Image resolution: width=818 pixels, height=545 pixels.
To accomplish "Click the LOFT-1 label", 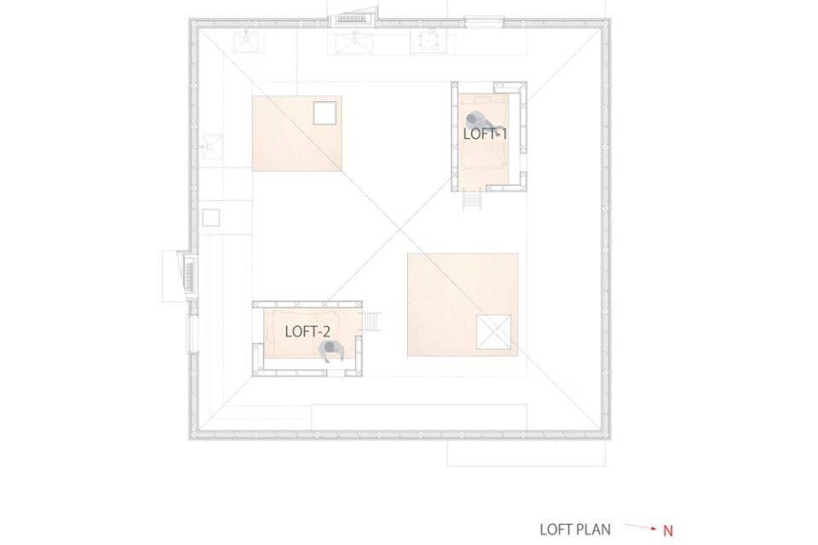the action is [485, 134].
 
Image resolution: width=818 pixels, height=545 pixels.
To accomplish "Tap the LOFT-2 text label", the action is [308, 332].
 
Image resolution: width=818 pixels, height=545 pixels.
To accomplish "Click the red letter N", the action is [668, 531].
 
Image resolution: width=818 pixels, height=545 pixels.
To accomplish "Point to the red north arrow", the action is [640, 527].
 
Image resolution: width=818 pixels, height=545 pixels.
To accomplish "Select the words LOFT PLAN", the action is [575, 530].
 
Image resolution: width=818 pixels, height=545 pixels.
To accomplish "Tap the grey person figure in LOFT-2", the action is [331, 352].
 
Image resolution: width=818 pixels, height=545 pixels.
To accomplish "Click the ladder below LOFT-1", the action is [471, 200].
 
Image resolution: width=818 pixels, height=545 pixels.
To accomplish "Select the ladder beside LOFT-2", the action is [372, 322].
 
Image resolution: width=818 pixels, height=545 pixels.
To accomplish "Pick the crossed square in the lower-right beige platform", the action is [493, 332].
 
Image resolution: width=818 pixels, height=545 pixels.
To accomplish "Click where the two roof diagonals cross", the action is [400, 229].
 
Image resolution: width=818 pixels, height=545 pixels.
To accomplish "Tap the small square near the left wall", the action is [210, 217].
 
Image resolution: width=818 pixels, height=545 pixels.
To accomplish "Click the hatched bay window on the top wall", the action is [353, 20].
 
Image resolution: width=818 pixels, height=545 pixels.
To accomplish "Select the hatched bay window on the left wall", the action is [187, 275].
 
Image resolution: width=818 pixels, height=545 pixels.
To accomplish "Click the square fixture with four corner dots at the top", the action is [429, 40].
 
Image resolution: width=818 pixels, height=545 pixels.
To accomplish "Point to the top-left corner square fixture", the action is [248, 41].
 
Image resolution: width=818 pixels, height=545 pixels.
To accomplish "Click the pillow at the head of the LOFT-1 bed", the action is [484, 99].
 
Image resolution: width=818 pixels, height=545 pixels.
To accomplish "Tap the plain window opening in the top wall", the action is [484, 21].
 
